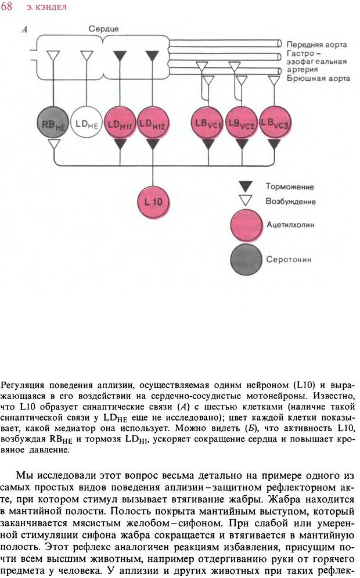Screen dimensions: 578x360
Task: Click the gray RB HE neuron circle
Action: click(x=53, y=123)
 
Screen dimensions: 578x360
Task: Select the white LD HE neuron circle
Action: click(x=87, y=123)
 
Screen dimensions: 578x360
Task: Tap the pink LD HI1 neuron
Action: click(x=120, y=123)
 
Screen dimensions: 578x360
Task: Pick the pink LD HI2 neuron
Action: click(x=153, y=123)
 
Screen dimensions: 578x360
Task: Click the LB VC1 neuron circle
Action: click(x=208, y=123)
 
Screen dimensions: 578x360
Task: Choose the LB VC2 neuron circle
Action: click(x=242, y=123)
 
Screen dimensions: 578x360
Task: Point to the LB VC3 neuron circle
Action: click(x=275, y=122)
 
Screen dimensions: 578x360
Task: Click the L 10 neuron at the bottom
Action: click(x=153, y=202)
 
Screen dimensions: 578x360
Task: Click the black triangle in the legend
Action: click(x=246, y=186)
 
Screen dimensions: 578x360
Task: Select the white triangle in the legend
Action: click(x=246, y=200)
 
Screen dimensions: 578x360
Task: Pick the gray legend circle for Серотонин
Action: click(x=246, y=259)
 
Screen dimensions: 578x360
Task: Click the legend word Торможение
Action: click(x=290, y=187)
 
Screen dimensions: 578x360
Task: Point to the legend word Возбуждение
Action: click(x=290, y=202)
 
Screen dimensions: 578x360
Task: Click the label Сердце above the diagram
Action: click(x=103, y=28)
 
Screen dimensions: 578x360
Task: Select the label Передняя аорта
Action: click(x=316, y=44)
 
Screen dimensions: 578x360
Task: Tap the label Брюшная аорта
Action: click(x=318, y=78)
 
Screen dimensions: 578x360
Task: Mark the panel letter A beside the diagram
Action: click(x=25, y=29)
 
